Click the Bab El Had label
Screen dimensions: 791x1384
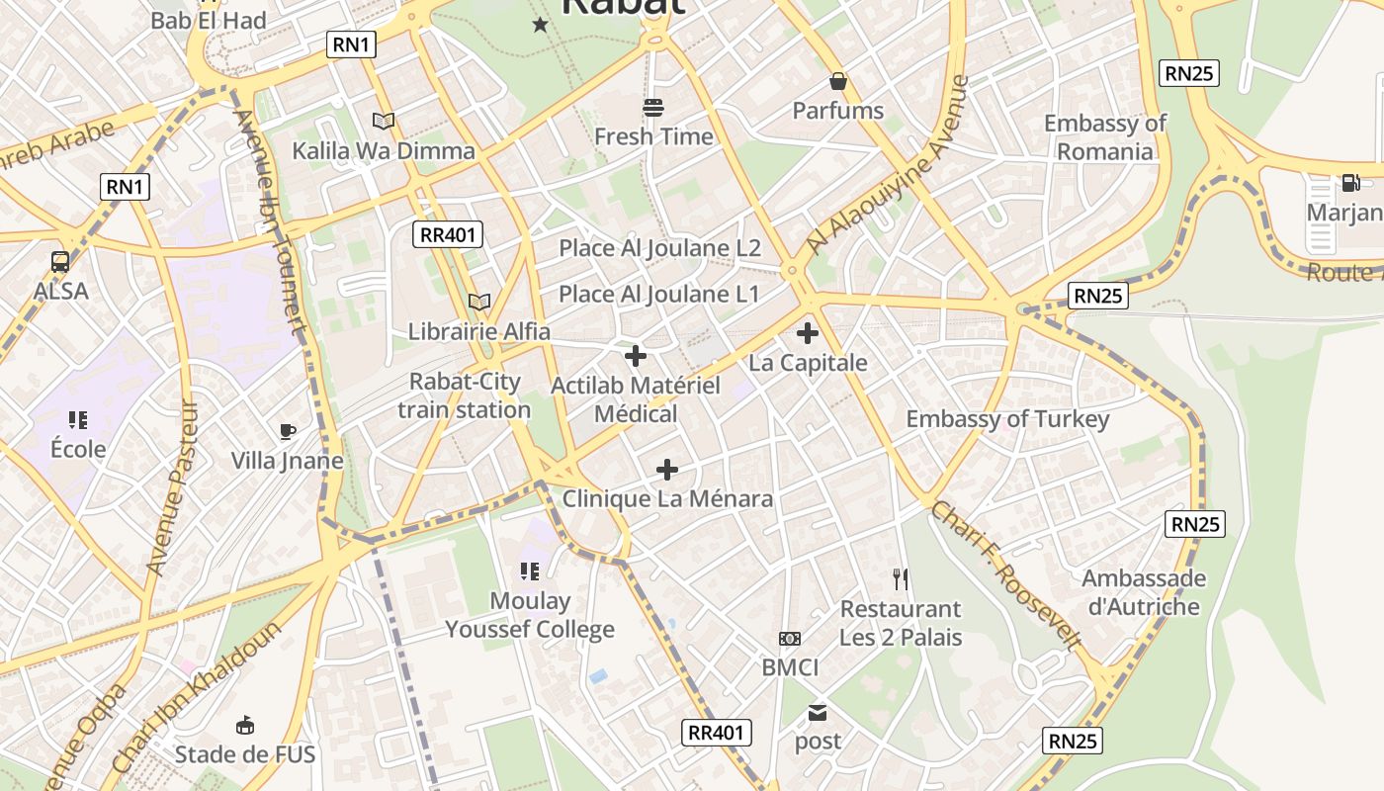(x=209, y=20)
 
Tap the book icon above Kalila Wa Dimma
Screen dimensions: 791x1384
(x=384, y=121)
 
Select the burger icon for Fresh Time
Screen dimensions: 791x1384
(x=652, y=107)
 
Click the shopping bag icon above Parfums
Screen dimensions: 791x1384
(x=838, y=81)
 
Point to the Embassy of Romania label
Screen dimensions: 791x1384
(x=1105, y=137)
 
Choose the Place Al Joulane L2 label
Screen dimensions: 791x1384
(x=659, y=248)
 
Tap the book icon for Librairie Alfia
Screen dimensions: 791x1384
(x=479, y=302)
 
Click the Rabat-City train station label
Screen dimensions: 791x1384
(x=465, y=395)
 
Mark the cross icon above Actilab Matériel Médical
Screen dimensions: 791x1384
(x=636, y=356)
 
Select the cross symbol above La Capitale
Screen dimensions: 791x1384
(x=808, y=333)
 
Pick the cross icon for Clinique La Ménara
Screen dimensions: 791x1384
(x=667, y=469)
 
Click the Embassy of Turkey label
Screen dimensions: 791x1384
(x=1007, y=419)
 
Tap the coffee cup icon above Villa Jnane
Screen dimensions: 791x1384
(x=287, y=431)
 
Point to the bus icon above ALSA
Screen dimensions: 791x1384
(x=60, y=262)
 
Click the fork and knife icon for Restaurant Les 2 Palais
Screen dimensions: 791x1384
(x=900, y=578)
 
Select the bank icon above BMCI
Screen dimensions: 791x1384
(x=790, y=639)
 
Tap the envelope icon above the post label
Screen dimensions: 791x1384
(x=818, y=712)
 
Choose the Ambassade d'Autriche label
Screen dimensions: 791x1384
(x=1144, y=592)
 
